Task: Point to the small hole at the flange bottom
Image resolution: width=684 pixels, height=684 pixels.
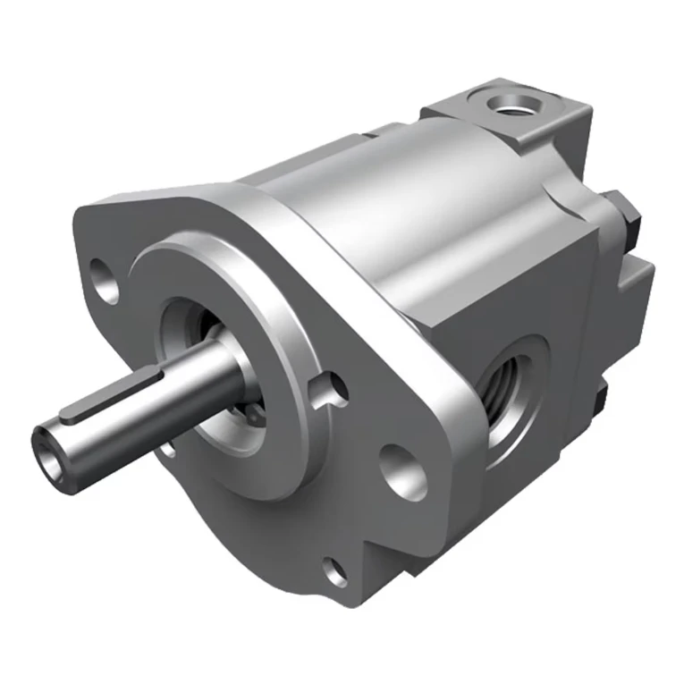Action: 336,570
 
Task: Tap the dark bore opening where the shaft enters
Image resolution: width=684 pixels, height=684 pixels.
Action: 192,331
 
